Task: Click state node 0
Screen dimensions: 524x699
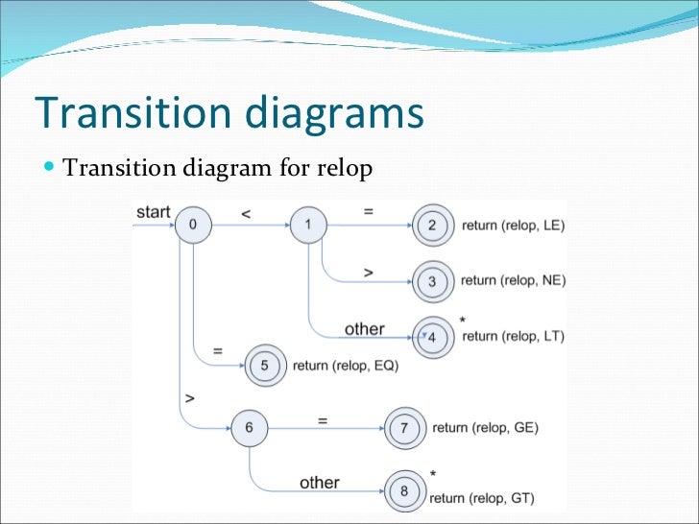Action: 193,226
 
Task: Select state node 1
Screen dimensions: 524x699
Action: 308,226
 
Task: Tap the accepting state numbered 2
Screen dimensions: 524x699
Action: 431,226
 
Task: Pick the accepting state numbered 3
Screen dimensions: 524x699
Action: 431,281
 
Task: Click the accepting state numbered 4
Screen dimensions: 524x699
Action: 431,337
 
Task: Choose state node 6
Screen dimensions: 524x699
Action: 249,427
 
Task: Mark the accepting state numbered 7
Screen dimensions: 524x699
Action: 403,428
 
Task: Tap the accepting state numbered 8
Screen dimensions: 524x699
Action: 403,490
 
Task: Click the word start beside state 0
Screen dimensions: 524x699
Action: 154,211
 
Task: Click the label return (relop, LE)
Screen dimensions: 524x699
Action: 514,226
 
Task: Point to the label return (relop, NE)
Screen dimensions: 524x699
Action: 514,281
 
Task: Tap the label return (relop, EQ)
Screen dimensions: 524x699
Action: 345,366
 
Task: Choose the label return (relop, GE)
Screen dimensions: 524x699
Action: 486,428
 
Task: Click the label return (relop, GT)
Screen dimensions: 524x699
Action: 482,497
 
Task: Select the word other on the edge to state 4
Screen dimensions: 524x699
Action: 364,329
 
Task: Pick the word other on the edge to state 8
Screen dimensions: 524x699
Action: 319,483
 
